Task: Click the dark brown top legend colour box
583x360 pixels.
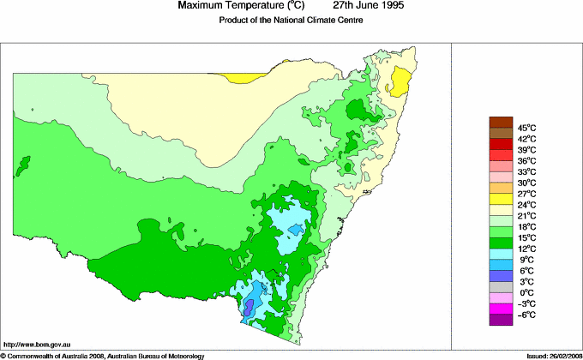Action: tap(500, 123)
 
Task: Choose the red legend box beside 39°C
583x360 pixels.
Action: tap(500, 144)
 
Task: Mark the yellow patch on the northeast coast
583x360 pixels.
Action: tap(398, 84)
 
